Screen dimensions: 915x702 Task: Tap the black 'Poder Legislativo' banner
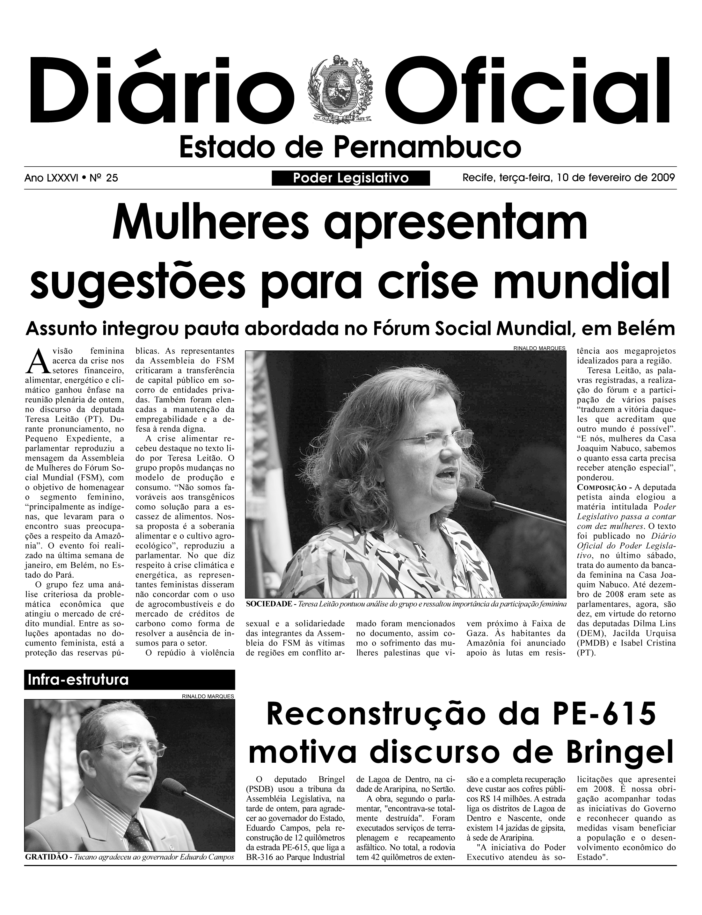click(x=351, y=178)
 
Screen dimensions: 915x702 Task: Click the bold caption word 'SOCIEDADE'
click(x=269, y=604)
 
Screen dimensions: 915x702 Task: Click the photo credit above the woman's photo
click(x=539, y=348)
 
